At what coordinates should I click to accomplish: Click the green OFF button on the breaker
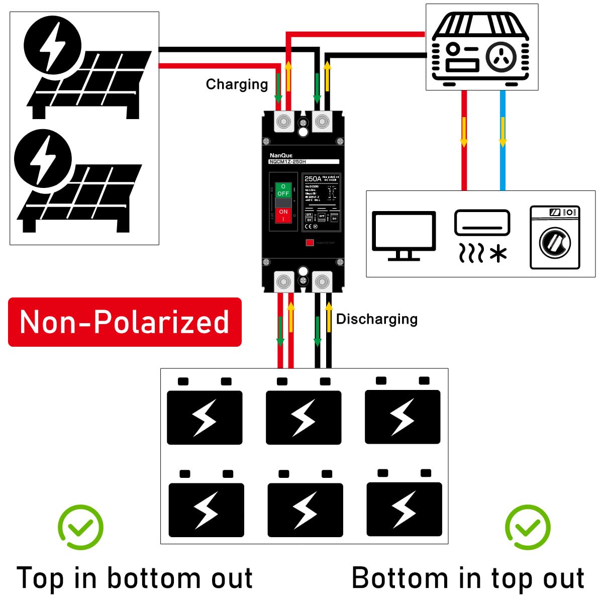tap(283, 190)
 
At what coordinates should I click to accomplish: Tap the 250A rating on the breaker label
tap(312, 179)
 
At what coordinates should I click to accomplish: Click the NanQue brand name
tap(280, 155)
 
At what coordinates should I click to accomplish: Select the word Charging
tap(237, 84)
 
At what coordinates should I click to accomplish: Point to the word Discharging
tap(376, 319)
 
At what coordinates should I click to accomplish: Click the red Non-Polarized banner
tap(125, 322)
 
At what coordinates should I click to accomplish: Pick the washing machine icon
tap(555, 237)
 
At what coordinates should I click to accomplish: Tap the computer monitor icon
tap(404, 236)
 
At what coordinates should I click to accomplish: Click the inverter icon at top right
tap(481, 47)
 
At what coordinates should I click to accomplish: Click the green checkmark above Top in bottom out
tap(80, 527)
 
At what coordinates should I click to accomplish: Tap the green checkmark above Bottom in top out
tap(528, 527)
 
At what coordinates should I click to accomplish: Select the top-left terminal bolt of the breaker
tap(283, 122)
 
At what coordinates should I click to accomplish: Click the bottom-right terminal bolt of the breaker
tap(322, 282)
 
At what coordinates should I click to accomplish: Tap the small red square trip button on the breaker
tap(310, 243)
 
